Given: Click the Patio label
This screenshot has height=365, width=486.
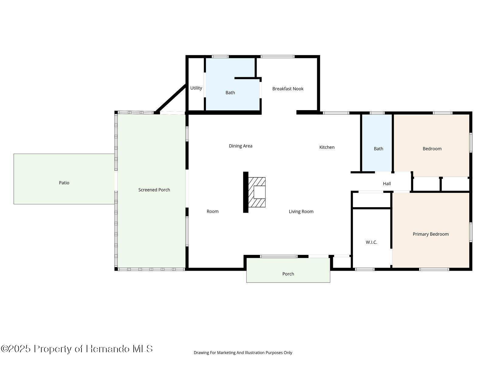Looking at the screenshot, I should coord(64,183).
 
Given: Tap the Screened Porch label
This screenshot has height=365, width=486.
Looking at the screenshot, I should coord(154,190).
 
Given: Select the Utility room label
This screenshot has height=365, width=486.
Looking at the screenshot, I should coord(196,88).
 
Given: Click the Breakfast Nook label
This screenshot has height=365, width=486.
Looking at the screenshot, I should coord(288,89).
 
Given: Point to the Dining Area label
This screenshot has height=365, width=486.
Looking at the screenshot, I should coord(240,146).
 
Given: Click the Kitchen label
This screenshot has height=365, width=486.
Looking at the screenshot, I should coord(327,147).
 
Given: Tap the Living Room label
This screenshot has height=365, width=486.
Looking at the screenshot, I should coord(301,211).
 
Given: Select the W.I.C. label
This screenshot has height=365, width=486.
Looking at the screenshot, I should coord(371,242).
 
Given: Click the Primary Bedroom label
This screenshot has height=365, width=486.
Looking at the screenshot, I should coord(430,234).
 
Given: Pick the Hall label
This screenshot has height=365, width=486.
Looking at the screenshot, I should coord(387,184).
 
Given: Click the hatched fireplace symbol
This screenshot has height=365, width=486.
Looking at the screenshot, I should coord(257,192).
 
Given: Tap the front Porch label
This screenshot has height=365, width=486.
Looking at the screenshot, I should coord(288,274).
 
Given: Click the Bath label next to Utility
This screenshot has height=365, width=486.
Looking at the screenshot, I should coord(230,93).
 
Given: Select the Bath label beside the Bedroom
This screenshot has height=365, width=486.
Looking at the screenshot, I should coord(378,149).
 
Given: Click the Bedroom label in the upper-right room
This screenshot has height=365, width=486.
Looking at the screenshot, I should coord(432,149).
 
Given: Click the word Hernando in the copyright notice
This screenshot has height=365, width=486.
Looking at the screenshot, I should coord(108,349).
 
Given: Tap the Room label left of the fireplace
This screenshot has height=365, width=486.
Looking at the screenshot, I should coord(212,211).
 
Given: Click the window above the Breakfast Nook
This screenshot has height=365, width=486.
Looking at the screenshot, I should coord(278,57).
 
